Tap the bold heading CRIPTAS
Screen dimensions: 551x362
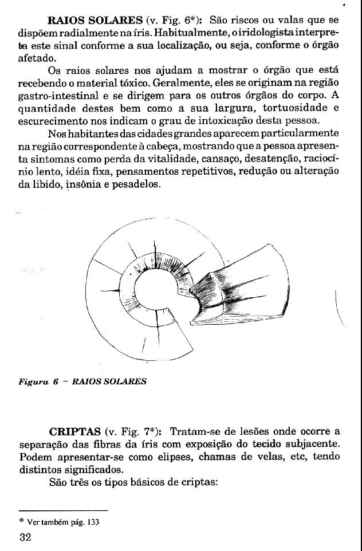tap(74, 431)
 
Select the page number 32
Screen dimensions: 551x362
tap(25, 538)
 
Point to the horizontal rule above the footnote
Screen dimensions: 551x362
tap(64, 510)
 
